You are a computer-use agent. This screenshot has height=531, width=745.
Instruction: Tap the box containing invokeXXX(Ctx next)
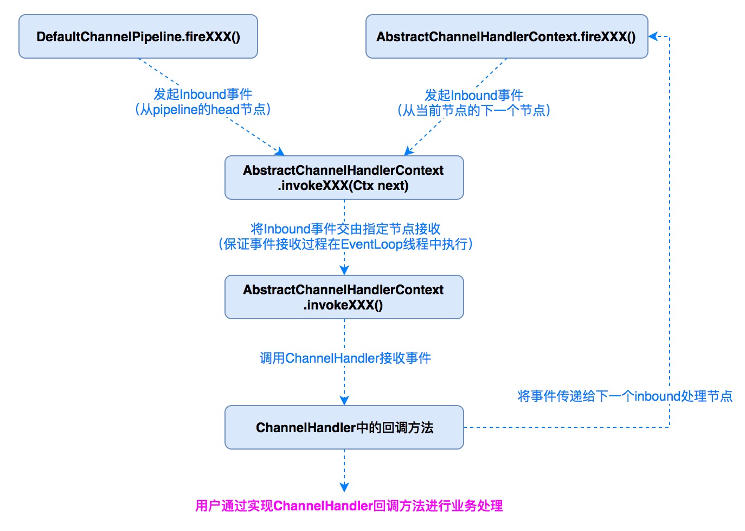coord(344,178)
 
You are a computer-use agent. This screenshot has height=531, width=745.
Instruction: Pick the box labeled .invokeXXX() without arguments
coord(344,298)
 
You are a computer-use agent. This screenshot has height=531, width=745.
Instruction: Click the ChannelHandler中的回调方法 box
coord(344,427)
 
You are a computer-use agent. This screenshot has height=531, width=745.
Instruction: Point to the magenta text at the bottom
coord(349,506)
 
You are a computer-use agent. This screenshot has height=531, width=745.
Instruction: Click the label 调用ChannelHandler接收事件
coord(345,358)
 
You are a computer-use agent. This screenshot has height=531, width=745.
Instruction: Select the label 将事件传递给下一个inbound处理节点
coord(625,396)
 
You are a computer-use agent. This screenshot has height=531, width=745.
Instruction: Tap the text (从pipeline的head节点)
coord(203,110)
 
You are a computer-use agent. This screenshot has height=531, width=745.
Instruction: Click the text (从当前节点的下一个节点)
coord(474,111)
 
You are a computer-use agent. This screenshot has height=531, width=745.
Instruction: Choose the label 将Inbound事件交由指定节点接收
coord(345,229)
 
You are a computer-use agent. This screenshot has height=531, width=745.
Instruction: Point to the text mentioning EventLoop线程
coord(345,244)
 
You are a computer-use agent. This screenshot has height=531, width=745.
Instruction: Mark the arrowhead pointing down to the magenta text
coord(344,488)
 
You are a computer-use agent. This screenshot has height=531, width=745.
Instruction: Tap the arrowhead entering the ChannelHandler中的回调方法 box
coord(344,401)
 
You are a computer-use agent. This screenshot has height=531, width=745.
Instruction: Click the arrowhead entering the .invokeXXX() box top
coord(344,270)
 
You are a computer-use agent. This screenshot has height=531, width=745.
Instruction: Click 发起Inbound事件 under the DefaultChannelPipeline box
coord(203,94)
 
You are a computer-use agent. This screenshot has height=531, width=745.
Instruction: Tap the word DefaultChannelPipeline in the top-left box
coord(109,37)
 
